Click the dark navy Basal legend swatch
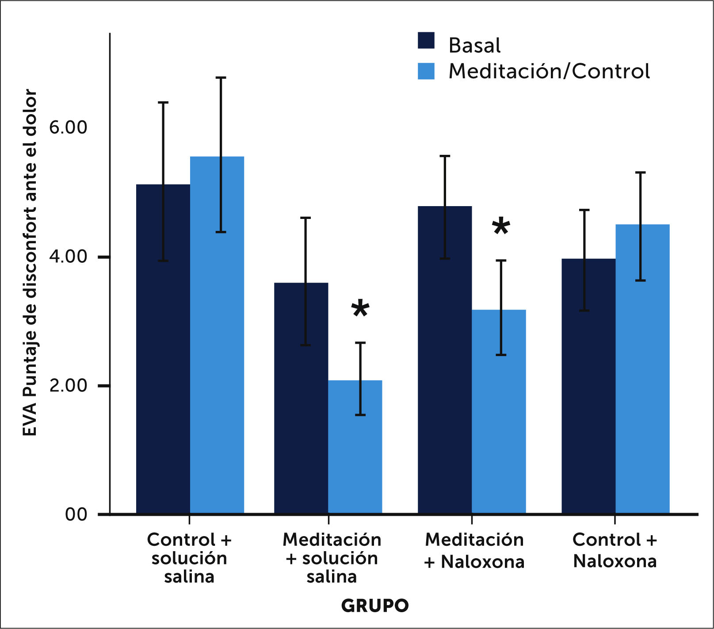[426, 41]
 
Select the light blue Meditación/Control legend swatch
[426, 71]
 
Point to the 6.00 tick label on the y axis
[68, 127]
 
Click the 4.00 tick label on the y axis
[68, 257]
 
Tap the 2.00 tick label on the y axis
[68, 386]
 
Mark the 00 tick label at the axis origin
[76, 514]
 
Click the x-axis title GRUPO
[375, 606]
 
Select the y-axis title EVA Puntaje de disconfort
[30, 263]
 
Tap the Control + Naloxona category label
[615, 550]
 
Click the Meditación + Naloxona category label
[474, 550]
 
